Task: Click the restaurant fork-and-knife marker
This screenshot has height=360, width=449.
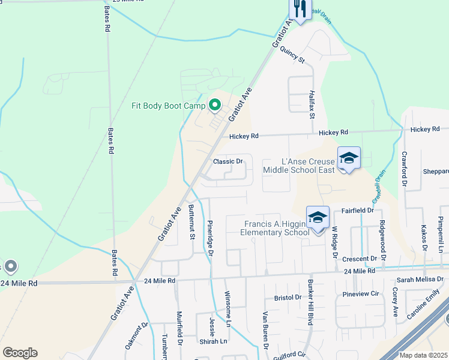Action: [x=300, y=9]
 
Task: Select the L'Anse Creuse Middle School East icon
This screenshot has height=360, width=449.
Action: [x=349, y=158]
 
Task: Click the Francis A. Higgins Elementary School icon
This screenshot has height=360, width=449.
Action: [x=318, y=218]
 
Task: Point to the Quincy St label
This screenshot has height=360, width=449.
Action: [x=292, y=55]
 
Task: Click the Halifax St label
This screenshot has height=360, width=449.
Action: [x=312, y=103]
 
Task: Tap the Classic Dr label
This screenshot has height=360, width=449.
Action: [x=228, y=161]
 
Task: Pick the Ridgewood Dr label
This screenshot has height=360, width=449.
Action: [x=382, y=238]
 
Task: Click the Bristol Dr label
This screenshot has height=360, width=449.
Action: [x=288, y=297]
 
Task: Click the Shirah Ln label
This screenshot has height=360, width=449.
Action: [x=214, y=341]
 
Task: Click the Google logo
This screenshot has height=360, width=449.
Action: [x=20, y=353]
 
